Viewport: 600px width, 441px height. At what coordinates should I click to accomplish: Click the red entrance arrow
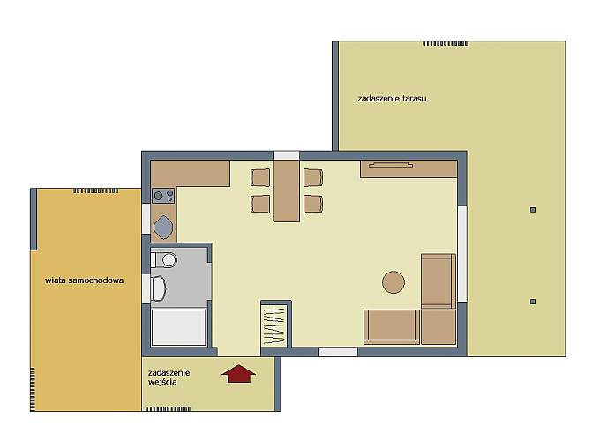[238, 373]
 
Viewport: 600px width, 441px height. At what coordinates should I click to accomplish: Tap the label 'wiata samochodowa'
[84, 280]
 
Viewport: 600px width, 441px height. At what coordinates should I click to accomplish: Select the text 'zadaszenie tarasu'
[392, 98]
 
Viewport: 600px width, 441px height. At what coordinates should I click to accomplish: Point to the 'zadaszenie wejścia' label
[169, 377]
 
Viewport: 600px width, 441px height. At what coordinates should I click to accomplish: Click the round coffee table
[394, 282]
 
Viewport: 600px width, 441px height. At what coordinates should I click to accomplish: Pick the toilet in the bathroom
[164, 260]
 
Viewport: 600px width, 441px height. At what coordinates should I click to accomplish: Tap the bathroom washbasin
[158, 288]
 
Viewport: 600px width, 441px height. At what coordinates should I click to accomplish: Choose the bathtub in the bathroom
[179, 327]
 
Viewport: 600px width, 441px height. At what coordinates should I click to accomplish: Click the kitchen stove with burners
[163, 196]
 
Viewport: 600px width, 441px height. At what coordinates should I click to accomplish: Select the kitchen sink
[163, 228]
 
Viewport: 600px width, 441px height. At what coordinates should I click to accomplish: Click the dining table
[286, 191]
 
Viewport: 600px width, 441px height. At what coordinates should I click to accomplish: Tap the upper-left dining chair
[260, 177]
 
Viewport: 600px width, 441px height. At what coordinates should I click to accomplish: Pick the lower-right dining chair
[313, 204]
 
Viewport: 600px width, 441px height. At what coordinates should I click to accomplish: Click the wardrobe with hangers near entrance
[274, 325]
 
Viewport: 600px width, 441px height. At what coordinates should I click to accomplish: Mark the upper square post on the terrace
[533, 210]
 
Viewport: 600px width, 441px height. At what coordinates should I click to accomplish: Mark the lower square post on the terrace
[533, 302]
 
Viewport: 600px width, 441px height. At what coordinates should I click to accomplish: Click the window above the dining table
[286, 155]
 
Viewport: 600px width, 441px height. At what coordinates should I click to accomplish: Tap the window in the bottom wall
[338, 352]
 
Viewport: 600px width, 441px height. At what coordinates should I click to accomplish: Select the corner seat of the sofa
[439, 327]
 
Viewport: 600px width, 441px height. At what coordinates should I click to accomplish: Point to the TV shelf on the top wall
[409, 169]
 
